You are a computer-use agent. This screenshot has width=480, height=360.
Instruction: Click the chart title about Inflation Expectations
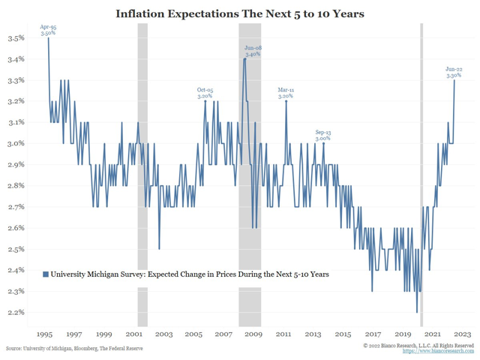click(x=240, y=13)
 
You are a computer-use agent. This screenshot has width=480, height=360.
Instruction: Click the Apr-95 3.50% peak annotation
click(x=48, y=30)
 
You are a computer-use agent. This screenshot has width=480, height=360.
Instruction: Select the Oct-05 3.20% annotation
click(x=205, y=93)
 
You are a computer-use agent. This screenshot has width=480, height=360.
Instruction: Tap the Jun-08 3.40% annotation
click(x=253, y=51)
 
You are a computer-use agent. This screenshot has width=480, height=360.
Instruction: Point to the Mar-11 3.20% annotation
click(x=286, y=93)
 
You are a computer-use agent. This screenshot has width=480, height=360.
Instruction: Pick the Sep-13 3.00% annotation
click(x=323, y=135)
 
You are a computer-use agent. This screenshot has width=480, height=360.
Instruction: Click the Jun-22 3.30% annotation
click(x=454, y=72)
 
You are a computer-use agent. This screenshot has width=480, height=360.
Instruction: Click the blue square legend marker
click(x=46, y=274)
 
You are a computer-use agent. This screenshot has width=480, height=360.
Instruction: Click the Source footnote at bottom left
click(x=74, y=349)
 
